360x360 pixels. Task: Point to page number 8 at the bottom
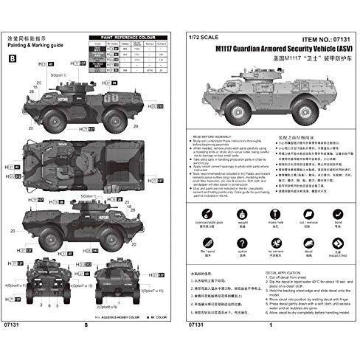(87, 346)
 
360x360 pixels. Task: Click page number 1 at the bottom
(271, 346)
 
